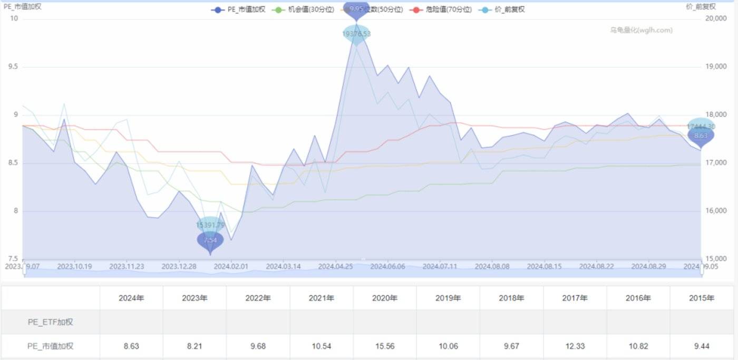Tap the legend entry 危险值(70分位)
442,9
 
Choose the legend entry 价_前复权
504,9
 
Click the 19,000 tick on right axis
716,67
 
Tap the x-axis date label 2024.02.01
231,267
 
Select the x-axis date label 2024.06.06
387,267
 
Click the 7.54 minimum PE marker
210,240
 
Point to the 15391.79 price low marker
210,225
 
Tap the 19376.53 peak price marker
356,34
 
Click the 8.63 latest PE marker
701,135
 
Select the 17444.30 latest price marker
701,127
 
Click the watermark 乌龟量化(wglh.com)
641,30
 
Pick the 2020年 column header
385,298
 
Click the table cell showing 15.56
385,346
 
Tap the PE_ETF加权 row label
51,322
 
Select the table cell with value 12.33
575,346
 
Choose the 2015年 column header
701,298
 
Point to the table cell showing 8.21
195,346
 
